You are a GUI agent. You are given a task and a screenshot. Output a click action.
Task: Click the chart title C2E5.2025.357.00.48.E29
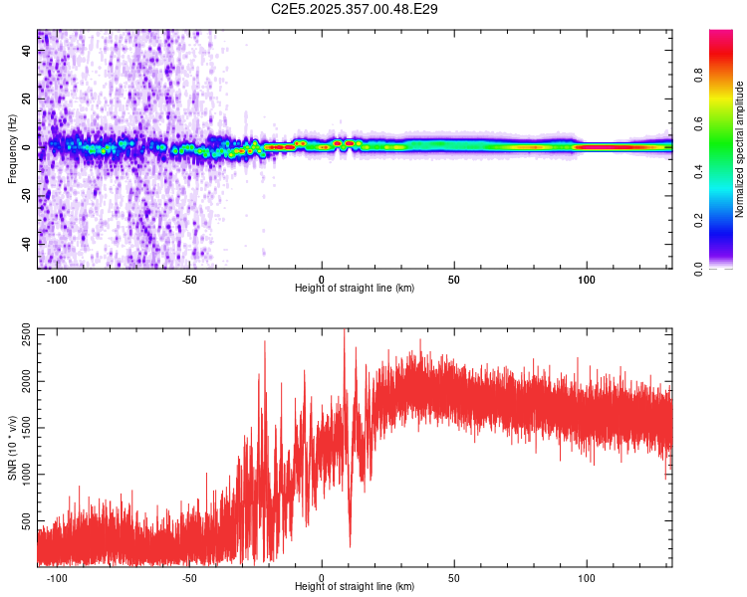[356, 9]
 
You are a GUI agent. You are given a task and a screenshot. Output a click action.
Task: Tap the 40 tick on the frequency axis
[27, 51]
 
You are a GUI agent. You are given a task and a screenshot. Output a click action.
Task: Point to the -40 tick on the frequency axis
[27, 244]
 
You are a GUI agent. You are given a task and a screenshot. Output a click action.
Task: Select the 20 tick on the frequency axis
[27, 99]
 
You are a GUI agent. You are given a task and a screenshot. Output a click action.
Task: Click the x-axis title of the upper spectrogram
[355, 289]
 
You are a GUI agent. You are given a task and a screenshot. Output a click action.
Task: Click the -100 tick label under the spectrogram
[56, 279]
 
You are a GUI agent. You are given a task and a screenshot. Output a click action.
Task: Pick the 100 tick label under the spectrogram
[587, 279]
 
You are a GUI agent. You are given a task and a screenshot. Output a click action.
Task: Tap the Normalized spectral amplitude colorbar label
[740, 149]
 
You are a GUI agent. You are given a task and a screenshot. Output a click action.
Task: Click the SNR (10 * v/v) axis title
[12, 447]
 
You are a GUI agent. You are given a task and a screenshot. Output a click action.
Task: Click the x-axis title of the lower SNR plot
[355, 587]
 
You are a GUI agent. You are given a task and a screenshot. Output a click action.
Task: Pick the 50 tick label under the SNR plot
[454, 577]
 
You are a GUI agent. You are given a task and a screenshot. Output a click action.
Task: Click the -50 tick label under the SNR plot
[188, 577]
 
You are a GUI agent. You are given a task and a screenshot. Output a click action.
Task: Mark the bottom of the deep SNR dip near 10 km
[350, 545]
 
